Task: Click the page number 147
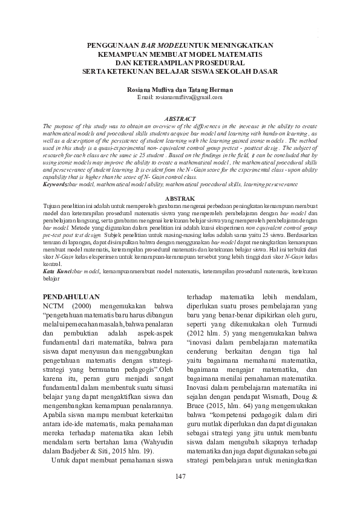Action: pos(180,478)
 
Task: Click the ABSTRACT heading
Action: pos(180,118)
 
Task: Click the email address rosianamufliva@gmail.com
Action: pos(180,97)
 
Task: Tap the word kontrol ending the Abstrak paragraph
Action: pos(53,265)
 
